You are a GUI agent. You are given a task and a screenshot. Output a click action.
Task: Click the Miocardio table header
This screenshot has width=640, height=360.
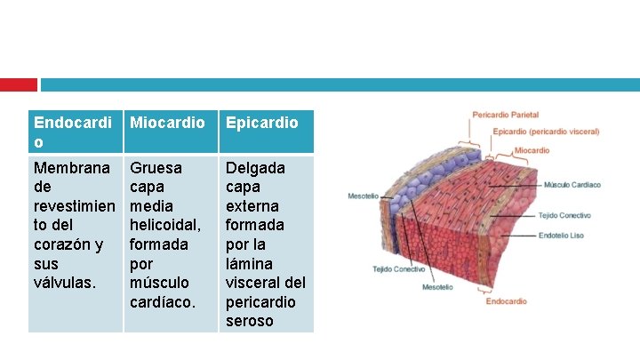tap(167, 123)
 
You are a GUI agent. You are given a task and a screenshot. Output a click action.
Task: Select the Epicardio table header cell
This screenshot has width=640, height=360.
tap(262, 123)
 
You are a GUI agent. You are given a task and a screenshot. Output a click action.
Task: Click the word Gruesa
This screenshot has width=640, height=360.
tap(156, 168)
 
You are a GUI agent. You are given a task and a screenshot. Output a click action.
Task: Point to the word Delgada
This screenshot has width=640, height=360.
tap(255, 168)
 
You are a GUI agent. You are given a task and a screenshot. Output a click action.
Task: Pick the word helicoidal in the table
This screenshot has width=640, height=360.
tap(159, 225)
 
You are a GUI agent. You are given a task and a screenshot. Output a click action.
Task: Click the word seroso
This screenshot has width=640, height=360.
tap(250, 321)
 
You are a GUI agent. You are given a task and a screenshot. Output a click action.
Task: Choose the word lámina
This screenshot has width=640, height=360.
tap(252, 263)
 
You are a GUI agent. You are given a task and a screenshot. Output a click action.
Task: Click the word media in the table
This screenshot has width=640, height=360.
tap(150, 206)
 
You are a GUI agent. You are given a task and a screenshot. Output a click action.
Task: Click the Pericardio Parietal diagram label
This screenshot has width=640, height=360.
tap(505, 115)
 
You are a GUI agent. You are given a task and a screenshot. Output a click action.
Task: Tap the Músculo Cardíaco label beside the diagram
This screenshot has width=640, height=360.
tap(572, 185)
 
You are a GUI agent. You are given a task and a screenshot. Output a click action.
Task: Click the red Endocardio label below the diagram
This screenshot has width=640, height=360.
tap(506, 301)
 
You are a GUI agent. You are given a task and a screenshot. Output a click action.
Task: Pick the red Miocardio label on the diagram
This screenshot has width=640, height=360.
tap(532, 150)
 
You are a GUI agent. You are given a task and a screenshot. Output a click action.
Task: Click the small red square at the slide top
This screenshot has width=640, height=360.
tap(18, 84)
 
